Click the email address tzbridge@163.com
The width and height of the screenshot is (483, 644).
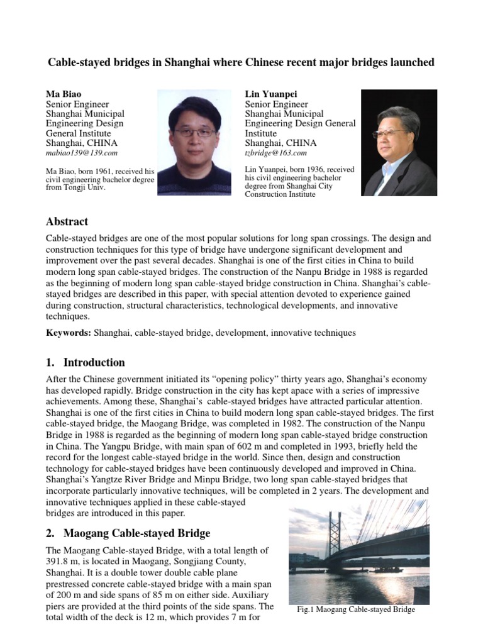(275, 153)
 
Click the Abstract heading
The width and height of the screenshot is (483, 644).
(67, 221)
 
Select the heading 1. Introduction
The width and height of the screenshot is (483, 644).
(86, 362)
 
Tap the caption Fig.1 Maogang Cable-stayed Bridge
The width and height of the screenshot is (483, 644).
(355, 609)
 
